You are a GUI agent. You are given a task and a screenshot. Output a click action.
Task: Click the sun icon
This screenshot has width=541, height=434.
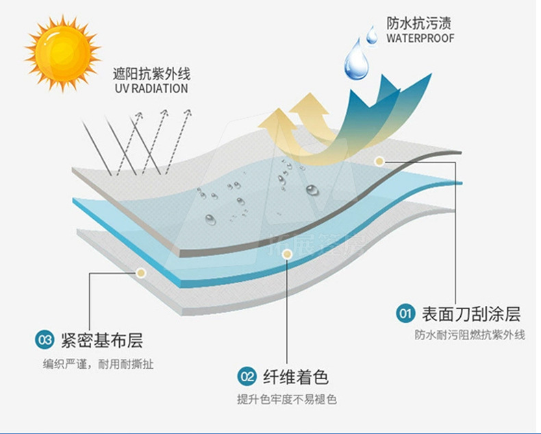pyautogui.click(x=62, y=53)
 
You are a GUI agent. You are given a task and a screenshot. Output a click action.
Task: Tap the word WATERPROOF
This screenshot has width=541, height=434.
pyautogui.click(x=420, y=38)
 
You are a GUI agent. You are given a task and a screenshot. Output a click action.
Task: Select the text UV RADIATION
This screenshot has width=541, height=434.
pyautogui.click(x=151, y=88)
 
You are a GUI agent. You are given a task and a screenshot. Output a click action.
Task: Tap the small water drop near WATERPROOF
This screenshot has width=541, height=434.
pyautogui.click(x=372, y=34)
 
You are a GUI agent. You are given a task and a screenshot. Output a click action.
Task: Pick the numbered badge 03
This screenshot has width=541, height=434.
pyautogui.click(x=45, y=339)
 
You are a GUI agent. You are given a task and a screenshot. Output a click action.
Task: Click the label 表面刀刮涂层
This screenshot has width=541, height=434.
pyautogui.click(x=471, y=314)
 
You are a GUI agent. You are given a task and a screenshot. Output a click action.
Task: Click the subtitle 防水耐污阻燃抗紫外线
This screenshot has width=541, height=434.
pyautogui.click(x=469, y=335)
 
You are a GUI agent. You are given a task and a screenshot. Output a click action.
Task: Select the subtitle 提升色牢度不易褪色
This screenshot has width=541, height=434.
pyautogui.click(x=287, y=399)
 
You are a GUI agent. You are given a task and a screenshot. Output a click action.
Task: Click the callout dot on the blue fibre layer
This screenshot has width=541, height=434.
pyautogui.click(x=288, y=254)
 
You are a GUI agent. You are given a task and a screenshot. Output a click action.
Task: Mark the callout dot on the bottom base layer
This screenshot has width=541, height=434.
pyautogui.click(x=140, y=272)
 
